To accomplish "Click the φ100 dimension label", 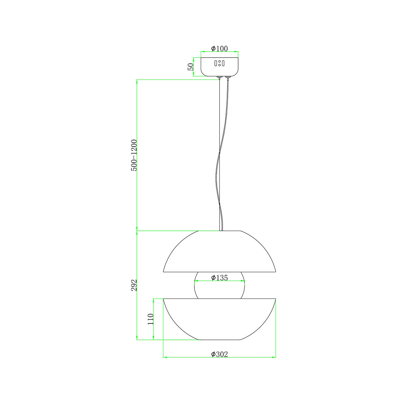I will [219, 48].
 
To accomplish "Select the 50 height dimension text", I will [191, 67].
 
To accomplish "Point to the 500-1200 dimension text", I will [134, 155].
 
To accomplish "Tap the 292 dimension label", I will [134, 285].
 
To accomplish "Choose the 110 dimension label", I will [150, 319].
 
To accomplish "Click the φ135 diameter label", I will [219, 277].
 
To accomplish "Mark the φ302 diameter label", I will [219, 354].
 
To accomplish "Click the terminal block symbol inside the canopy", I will [219, 63].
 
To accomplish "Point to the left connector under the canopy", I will [219, 77].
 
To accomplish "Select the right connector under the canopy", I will [227, 77].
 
